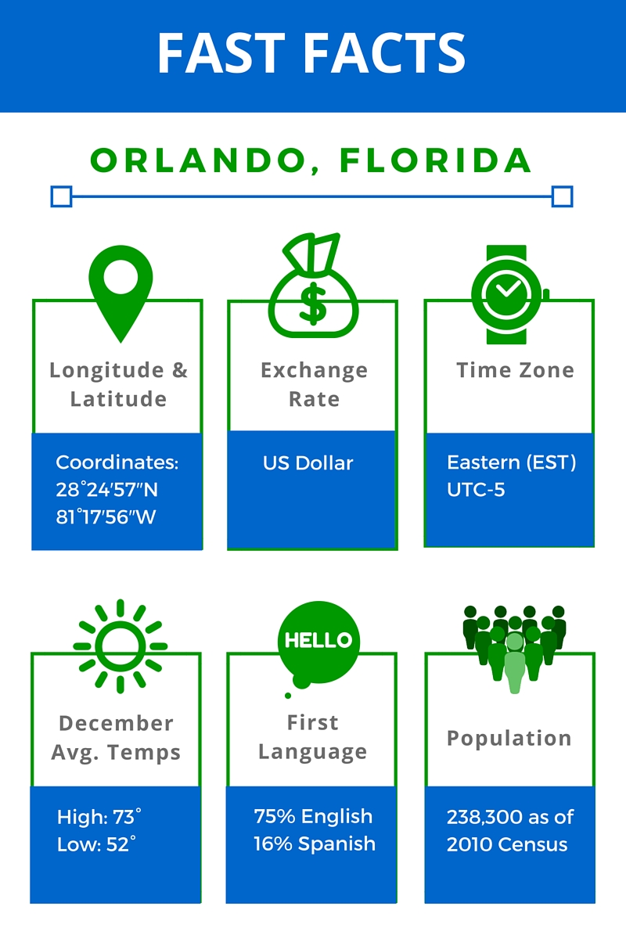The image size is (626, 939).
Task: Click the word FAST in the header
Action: [x=221, y=53]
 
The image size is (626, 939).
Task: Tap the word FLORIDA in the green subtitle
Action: [x=436, y=160]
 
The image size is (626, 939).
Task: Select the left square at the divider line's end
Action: [x=61, y=196]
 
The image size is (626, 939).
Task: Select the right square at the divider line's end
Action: [x=563, y=196]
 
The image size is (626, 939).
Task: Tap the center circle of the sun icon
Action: [x=121, y=646]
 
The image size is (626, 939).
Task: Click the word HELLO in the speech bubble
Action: [x=318, y=640]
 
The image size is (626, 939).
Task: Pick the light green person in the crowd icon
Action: [x=514, y=663]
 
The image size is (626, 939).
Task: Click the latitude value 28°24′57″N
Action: [x=107, y=490]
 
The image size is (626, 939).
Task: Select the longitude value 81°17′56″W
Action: [x=106, y=517]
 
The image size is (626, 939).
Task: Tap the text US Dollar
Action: [x=308, y=463]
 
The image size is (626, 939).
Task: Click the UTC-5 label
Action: [x=476, y=490]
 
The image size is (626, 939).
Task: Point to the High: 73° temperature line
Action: [x=99, y=817]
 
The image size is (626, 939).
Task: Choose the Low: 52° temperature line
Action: [x=96, y=844]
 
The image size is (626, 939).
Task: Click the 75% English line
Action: [x=313, y=816]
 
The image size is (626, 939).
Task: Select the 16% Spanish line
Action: [x=315, y=844]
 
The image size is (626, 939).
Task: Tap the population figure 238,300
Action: [x=476, y=817]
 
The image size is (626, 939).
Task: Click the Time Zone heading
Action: [x=516, y=370]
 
